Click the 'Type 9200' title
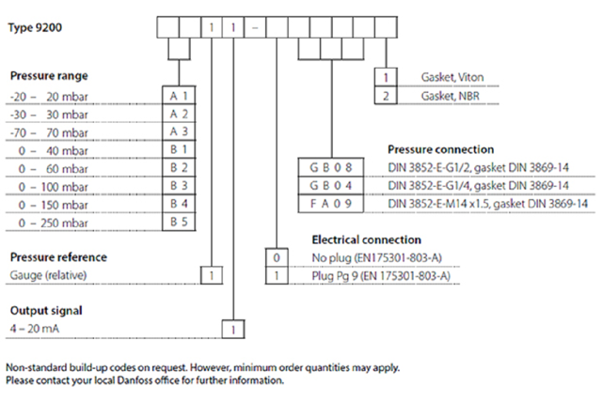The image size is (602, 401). pyautogui.click(x=35, y=26)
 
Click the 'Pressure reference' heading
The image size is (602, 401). pyautogui.click(x=57, y=256)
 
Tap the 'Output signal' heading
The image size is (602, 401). pyautogui.click(x=44, y=310)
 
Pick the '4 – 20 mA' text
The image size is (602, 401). pyautogui.click(x=34, y=328)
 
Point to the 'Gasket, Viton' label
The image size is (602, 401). pyautogui.click(x=454, y=77)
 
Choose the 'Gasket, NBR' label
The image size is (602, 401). pyautogui.click(x=451, y=96)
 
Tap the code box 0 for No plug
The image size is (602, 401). pyautogui.click(x=276, y=256)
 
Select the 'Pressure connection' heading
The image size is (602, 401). pyautogui.click(x=440, y=149)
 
